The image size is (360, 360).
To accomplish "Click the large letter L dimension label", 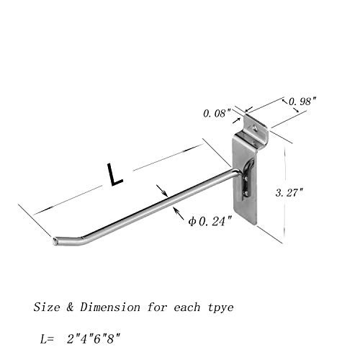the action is pos(114,174).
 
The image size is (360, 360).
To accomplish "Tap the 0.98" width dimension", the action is pos(302,102).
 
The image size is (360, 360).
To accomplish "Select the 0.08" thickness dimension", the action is pos(217,113).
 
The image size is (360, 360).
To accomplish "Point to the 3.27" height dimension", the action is pos(289,192).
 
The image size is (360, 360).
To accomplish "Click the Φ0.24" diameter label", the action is pos(210,221).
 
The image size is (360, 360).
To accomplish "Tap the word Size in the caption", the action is pos(47,307).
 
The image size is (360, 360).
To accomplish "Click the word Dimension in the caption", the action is pos(110,307).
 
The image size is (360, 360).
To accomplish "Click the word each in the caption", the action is pos(186,307).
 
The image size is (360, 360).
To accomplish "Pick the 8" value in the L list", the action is pos(113,339).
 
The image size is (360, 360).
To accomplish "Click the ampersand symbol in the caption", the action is pos(70,307).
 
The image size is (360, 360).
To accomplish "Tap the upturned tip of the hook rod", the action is pos(55,241).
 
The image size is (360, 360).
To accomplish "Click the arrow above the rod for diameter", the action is pos(162,191).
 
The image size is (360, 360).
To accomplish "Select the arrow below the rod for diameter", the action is pos(179,213).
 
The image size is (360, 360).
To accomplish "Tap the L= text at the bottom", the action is pos(47,339).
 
